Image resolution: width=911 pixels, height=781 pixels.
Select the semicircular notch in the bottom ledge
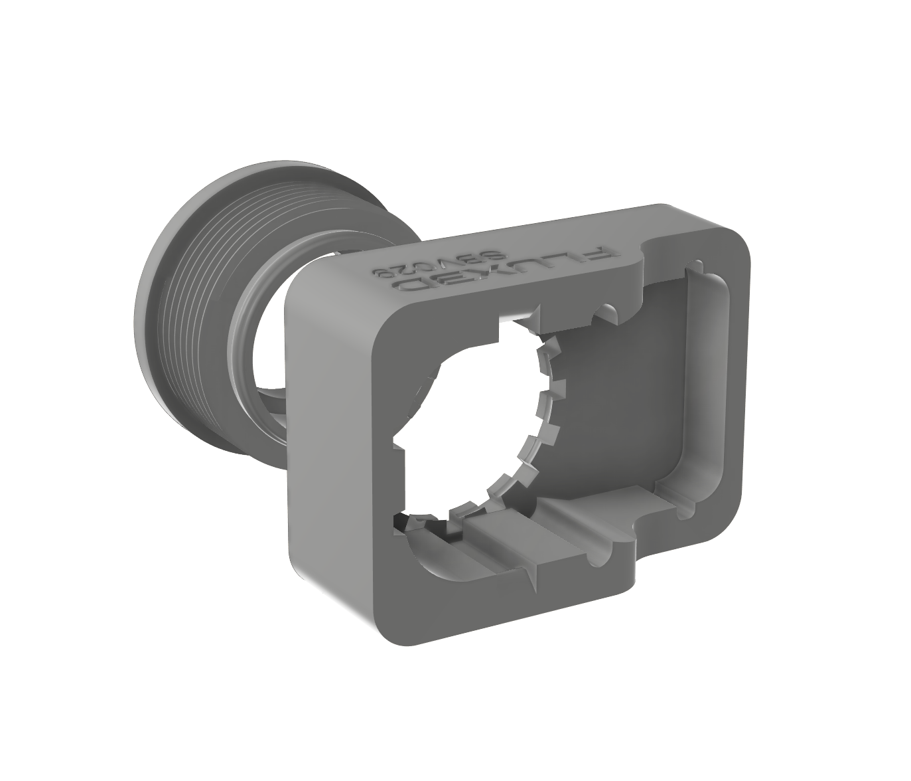tap(614, 539)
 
